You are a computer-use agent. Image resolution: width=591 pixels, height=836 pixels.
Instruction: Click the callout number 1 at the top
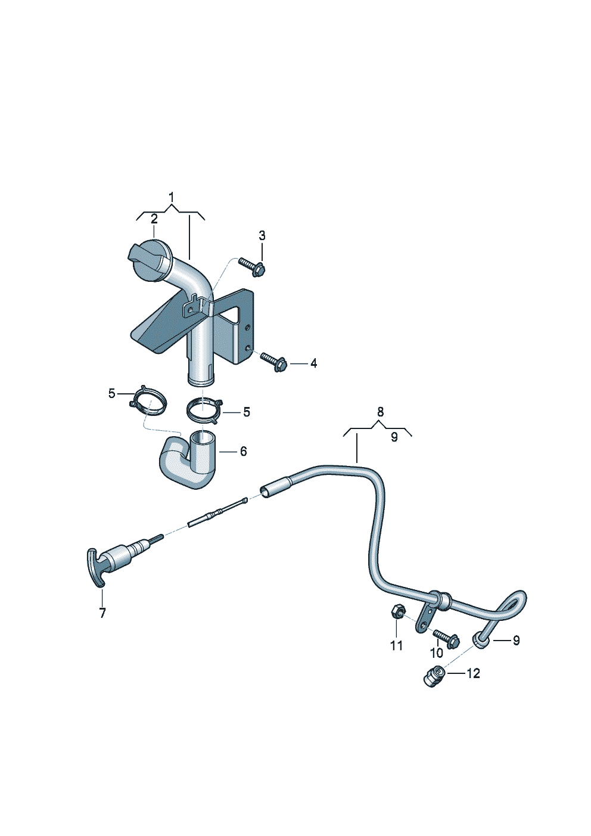(x=172, y=197)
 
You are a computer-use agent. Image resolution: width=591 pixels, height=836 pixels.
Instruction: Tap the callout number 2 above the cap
(x=154, y=219)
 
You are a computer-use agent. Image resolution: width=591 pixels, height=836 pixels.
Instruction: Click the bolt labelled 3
(x=253, y=266)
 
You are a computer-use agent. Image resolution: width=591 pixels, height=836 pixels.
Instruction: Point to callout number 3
(x=262, y=236)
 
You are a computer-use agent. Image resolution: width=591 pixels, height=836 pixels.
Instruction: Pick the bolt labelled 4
(x=274, y=361)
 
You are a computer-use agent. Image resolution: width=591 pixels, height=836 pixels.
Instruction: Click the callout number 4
(x=313, y=363)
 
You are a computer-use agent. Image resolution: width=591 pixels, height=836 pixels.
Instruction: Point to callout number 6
(x=243, y=451)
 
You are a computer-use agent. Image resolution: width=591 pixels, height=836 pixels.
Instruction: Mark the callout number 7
(x=102, y=613)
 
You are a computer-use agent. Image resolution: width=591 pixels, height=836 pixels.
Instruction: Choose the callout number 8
(x=381, y=412)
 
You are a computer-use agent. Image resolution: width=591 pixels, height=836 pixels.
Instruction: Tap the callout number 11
(x=396, y=645)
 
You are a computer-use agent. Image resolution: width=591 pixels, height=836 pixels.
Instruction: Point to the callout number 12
(x=473, y=673)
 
